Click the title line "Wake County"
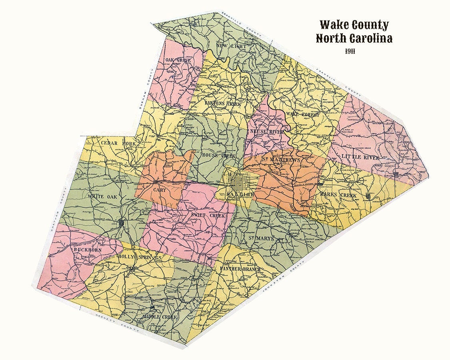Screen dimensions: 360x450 point(354,25)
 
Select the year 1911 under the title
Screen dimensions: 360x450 point(350,51)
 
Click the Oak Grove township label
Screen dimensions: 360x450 point(176,60)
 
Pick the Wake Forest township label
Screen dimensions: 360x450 point(303,115)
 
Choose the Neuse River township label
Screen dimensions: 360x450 point(266,132)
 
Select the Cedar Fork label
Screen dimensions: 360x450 point(118,143)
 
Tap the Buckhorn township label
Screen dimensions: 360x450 point(87,250)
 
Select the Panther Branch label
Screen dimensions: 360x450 point(240,269)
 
